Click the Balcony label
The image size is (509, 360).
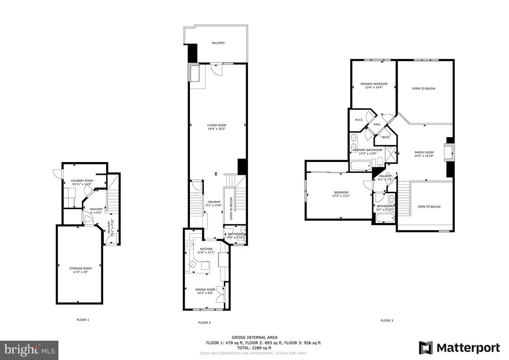click(218, 43)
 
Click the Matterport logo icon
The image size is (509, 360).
click(426, 348)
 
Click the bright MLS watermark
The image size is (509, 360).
click(29, 350)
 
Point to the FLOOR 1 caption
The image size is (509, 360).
click(82, 320)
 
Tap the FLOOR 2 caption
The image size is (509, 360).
click(204, 323)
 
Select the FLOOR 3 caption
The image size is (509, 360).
click(386, 320)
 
